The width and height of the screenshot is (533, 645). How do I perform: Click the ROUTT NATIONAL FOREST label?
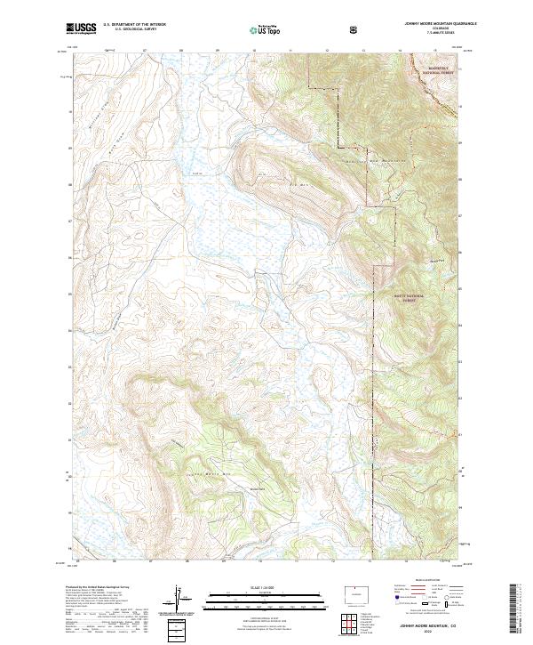tap(408, 297)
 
